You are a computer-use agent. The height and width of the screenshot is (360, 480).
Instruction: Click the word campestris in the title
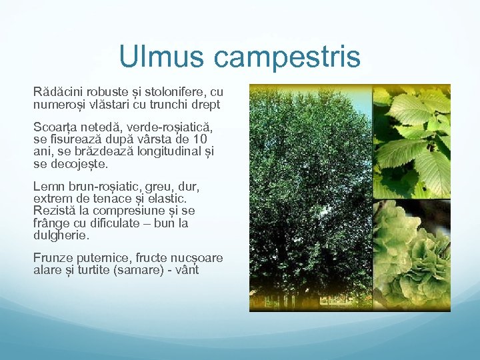[x=287, y=59]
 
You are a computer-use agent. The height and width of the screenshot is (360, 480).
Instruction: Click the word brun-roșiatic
[x=101, y=186]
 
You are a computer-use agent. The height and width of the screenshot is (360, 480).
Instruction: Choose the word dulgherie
[x=61, y=235]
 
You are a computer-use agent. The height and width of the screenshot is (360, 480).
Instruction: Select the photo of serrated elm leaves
[x=411, y=141]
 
